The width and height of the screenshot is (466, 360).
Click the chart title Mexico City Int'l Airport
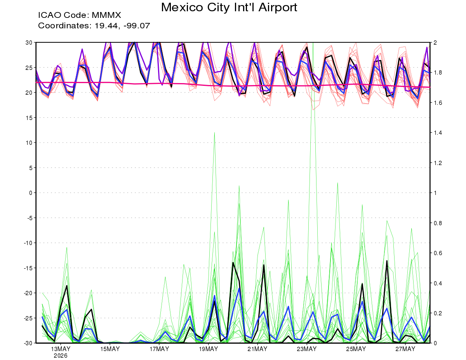click(x=229, y=7)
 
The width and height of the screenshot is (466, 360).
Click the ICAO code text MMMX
click(x=106, y=15)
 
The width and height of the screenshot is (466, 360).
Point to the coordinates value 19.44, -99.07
click(x=122, y=26)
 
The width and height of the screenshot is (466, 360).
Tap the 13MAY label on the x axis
click(x=61, y=349)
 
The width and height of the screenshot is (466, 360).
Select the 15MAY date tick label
click(x=110, y=349)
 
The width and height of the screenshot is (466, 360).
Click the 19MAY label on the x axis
click(x=209, y=349)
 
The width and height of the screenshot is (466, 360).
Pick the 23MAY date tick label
click(x=307, y=349)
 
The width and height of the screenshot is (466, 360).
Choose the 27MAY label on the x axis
click(x=405, y=349)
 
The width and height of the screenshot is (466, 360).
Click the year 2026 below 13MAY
click(x=61, y=356)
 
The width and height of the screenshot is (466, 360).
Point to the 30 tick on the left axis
click(x=29, y=43)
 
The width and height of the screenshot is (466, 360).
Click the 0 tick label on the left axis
click(x=31, y=193)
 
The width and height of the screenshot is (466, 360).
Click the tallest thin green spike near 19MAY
click(x=214, y=132)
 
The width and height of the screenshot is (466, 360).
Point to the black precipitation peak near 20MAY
click(x=233, y=263)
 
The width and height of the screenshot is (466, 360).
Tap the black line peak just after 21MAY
click(x=264, y=265)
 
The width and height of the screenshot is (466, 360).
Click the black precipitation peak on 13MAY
click(x=67, y=285)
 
